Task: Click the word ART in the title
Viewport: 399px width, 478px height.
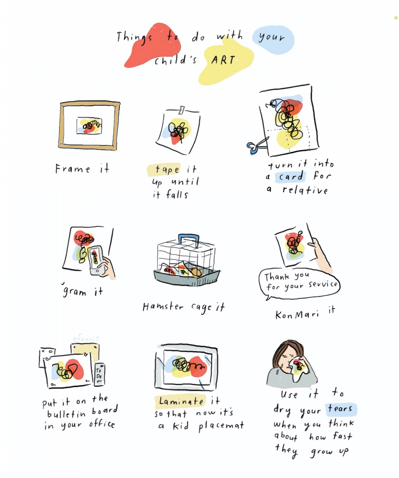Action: click(222, 60)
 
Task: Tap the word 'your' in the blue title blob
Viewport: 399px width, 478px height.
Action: click(271, 37)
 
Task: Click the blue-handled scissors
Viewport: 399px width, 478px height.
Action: click(257, 145)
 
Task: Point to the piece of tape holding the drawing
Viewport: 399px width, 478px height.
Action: click(182, 110)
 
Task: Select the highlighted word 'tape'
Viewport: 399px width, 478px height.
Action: click(167, 169)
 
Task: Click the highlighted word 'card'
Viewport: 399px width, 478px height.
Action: click(291, 176)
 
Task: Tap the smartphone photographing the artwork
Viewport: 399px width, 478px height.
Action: click(96, 260)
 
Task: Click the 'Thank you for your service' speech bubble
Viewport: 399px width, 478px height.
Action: click(298, 283)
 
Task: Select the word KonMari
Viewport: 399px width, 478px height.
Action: click(297, 315)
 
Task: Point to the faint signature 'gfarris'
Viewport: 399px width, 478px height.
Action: click(85, 339)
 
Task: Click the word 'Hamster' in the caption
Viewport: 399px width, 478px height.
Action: click(162, 307)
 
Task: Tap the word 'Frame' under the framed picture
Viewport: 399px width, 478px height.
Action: click(72, 169)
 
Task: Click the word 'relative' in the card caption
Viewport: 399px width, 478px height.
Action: click(305, 190)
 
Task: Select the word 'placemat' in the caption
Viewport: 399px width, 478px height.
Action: click(221, 426)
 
